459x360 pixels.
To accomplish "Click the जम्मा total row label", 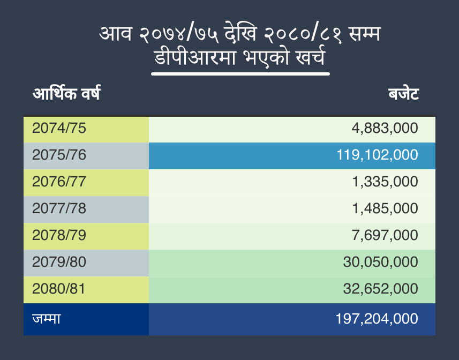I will tap(46, 319).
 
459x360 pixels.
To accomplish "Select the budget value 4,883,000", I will tap(385, 129).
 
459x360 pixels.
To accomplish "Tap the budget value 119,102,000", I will tap(377, 155).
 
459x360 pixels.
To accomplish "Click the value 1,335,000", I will tap(385, 182).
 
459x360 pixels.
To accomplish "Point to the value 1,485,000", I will tap(385, 209).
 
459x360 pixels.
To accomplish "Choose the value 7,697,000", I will tap(385, 236).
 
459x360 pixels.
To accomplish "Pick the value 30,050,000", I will tap(380, 262).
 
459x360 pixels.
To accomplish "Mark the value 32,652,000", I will tap(380, 289).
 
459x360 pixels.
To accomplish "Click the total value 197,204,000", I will tap(377, 319).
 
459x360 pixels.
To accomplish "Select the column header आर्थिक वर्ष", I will tap(66, 94).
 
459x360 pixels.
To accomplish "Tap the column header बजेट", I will tap(403, 95).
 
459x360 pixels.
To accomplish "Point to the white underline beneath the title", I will tap(240, 73).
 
